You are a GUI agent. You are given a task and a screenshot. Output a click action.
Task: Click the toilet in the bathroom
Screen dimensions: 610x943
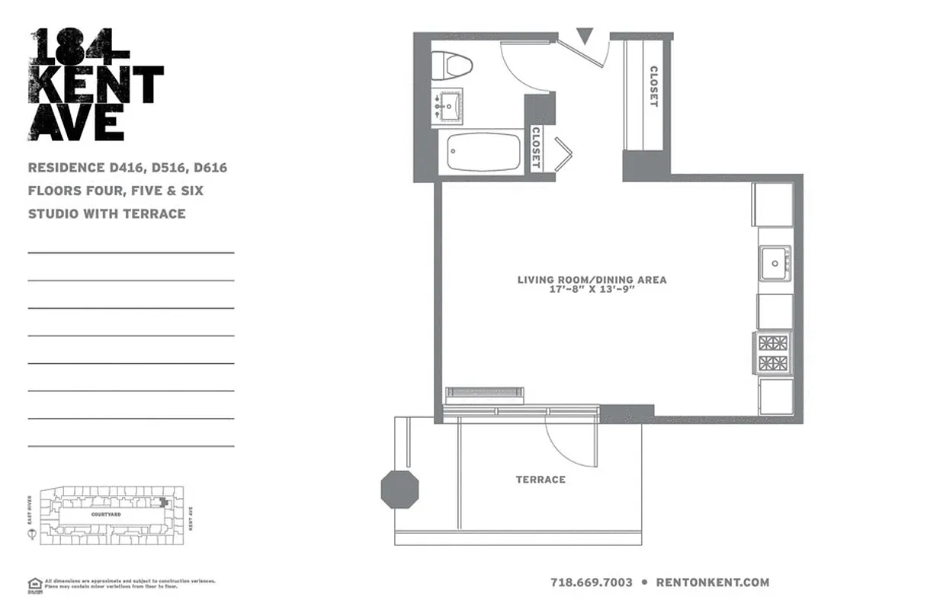[451, 65]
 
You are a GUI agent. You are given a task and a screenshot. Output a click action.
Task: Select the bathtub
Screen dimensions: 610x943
[473, 152]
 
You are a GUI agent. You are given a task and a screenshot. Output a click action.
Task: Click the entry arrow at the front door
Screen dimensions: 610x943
[585, 36]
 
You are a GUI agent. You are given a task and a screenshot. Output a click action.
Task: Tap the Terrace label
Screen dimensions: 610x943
[540, 480]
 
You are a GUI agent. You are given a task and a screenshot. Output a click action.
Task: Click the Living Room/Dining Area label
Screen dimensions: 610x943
[592, 280]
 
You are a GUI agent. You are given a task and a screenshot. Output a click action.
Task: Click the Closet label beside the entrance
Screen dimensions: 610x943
[653, 86]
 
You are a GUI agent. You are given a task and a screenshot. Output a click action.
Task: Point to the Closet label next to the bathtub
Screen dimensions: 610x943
[535, 147]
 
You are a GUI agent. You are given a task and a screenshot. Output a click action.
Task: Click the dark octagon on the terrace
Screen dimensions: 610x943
[400, 490]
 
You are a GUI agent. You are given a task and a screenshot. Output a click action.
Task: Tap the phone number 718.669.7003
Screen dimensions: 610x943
[591, 583]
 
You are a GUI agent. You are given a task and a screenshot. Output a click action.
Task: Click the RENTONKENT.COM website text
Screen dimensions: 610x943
[712, 583]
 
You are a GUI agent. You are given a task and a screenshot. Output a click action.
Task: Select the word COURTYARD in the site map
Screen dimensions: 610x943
[107, 515]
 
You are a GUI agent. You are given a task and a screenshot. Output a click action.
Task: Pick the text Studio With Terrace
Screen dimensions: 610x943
[107, 213]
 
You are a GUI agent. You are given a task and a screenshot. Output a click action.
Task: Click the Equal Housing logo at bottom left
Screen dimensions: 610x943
[34, 585]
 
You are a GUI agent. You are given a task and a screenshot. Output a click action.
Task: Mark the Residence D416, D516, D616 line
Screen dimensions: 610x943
[127, 168]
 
